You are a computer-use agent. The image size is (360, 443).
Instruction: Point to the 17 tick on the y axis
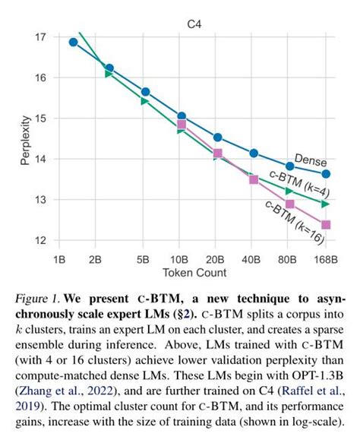point(40,37)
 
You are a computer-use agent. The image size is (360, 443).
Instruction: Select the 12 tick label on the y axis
point(40,240)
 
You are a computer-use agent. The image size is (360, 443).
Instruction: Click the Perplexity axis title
point(25,139)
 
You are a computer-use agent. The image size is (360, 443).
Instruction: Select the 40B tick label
point(253,258)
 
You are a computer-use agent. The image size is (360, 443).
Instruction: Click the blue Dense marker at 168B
point(326,173)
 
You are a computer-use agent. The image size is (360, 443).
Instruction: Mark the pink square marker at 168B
point(326,224)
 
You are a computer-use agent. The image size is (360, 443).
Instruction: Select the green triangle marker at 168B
point(326,204)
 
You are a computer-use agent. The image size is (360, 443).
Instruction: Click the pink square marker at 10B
point(182,124)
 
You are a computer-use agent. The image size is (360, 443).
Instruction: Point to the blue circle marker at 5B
point(145,92)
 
